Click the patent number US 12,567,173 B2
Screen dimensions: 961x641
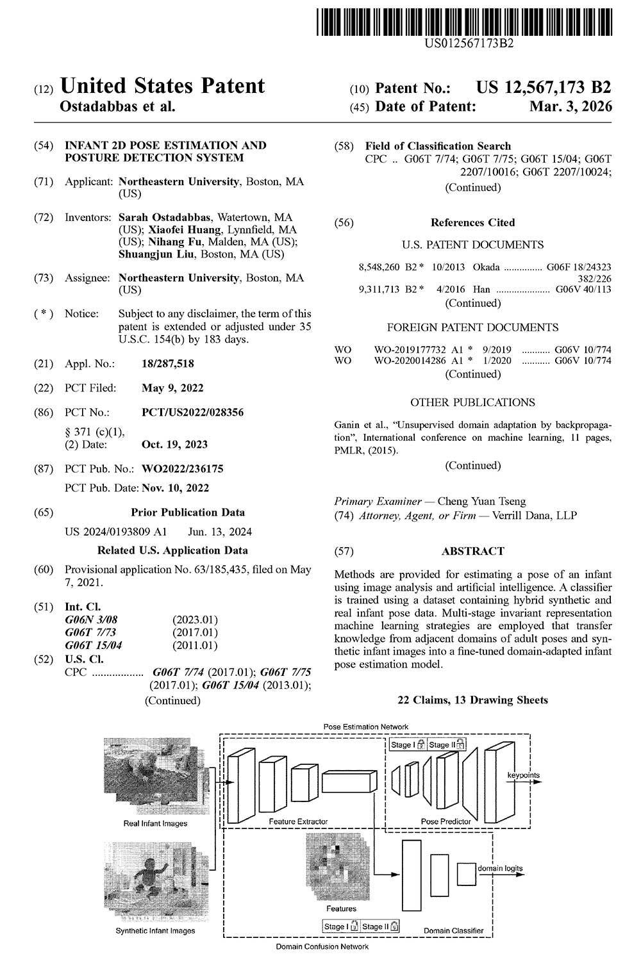click(x=544, y=88)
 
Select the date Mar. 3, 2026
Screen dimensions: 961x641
click(x=570, y=106)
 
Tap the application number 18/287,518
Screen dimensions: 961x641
click(x=167, y=364)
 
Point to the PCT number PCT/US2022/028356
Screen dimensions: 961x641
click(x=192, y=413)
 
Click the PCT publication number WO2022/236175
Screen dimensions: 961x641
click(x=182, y=469)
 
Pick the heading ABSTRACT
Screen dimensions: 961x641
click(x=472, y=551)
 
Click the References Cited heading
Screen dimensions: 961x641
click(x=472, y=223)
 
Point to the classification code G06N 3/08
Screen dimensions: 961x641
click(x=91, y=620)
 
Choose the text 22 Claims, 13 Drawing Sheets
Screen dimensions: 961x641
click(x=472, y=700)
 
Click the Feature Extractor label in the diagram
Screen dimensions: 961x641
click(x=298, y=821)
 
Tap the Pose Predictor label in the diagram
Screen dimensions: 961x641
click(x=445, y=821)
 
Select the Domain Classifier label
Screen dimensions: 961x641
click(x=453, y=931)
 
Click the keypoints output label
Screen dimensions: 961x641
click(x=524, y=775)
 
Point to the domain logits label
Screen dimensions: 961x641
click(x=500, y=869)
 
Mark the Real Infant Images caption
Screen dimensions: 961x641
click(x=155, y=823)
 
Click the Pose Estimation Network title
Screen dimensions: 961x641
click(x=365, y=727)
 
